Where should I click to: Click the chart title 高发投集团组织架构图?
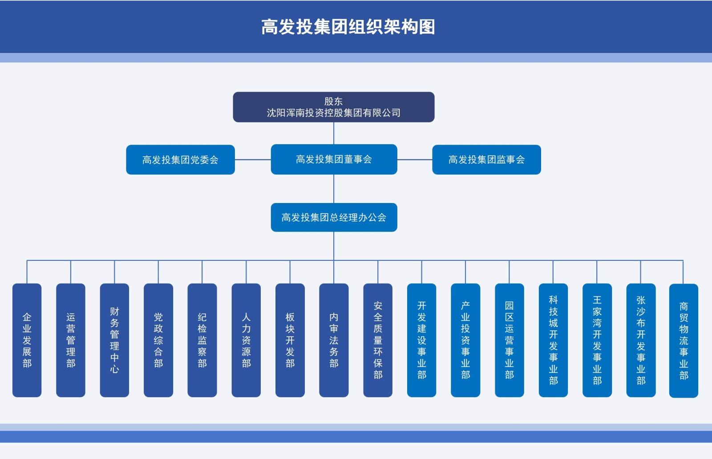coord(348,27)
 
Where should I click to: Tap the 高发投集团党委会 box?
coord(180,159)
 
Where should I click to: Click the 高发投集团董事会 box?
coord(334,159)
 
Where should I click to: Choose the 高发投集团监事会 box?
coord(486,159)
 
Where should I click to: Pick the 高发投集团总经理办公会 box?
coord(334,217)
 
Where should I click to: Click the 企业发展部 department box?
coord(27,340)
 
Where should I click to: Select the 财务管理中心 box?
coord(114,340)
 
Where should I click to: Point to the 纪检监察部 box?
coord(202,340)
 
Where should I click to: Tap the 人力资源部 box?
coord(246,340)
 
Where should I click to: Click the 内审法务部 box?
coord(334,340)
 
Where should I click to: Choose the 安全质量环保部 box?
coord(378,340)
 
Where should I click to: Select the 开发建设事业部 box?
coord(421,340)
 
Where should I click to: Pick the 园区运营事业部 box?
coord(509,340)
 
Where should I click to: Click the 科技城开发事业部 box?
coord(553,340)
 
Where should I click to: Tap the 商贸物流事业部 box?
coord(684,341)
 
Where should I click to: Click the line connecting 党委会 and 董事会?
coord(253,159)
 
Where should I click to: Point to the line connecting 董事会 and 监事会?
coord(415,159)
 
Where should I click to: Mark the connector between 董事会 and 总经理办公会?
coord(334,189)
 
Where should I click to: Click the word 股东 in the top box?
coord(333,102)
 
